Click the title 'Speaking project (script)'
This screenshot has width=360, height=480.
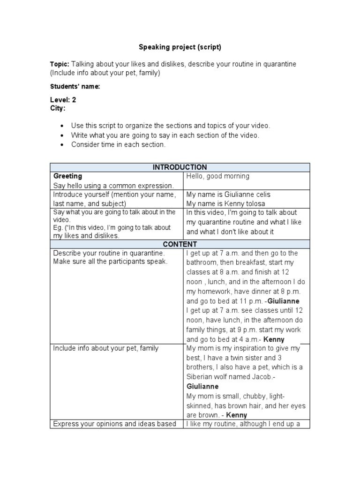(x=180, y=47)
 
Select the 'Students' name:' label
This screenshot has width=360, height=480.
(x=75, y=87)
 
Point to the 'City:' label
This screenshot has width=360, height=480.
(x=58, y=108)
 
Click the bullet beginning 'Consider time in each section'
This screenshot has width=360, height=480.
(x=118, y=145)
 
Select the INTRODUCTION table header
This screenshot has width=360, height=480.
(x=180, y=167)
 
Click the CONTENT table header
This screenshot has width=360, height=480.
(x=180, y=244)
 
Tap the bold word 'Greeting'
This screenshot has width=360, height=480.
(x=67, y=176)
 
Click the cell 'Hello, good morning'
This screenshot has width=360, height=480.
(x=218, y=176)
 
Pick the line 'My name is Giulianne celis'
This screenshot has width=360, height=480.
(x=228, y=195)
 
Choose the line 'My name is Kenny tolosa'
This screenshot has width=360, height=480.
(x=225, y=203)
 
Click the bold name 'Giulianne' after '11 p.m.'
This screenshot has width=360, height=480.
(x=283, y=301)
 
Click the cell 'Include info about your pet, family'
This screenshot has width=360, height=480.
(x=106, y=348)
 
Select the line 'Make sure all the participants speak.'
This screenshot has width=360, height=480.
(x=110, y=262)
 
